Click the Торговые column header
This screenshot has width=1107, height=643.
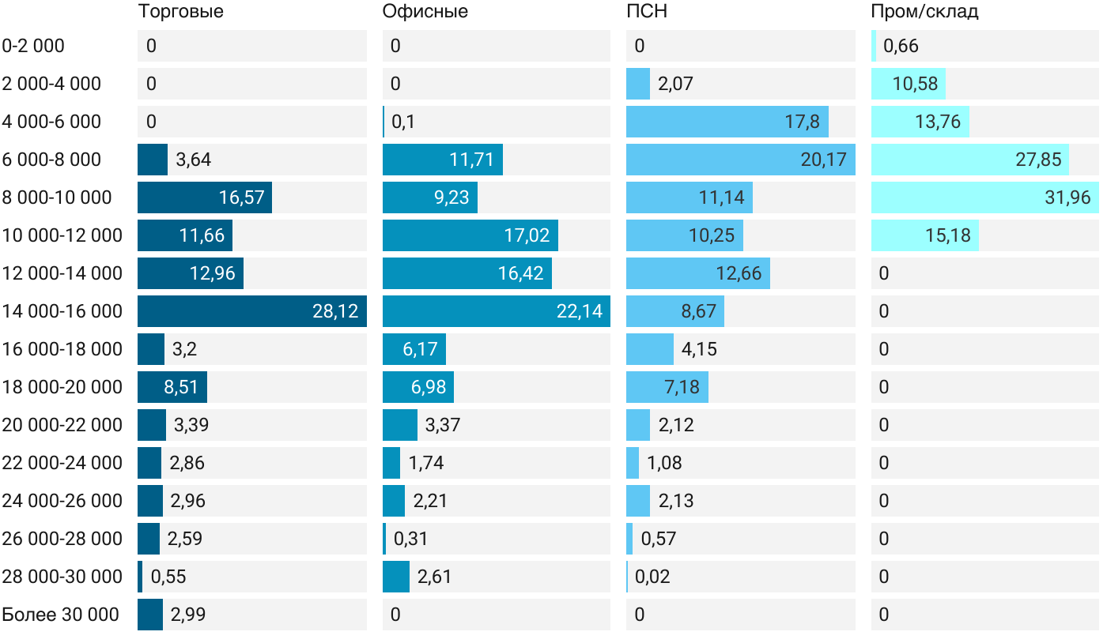(x=180, y=12)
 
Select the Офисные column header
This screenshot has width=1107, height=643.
(x=425, y=12)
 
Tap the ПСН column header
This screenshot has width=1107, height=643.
(x=641, y=12)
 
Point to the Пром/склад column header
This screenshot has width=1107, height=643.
(x=924, y=12)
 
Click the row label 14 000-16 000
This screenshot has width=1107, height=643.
(x=62, y=311)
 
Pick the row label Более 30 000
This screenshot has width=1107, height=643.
(x=60, y=615)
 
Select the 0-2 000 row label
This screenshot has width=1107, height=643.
(x=33, y=46)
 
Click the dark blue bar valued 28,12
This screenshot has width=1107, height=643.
(x=251, y=311)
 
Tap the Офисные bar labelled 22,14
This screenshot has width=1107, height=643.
(x=496, y=311)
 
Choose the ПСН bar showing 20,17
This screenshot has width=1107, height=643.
(x=740, y=160)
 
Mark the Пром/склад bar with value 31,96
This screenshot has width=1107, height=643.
(x=985, y=197)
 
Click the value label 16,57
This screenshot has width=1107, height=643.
(x=242, y=197)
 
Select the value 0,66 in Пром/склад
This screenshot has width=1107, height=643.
(x=901, y=46)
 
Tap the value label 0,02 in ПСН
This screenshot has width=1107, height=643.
(x=652, y=577)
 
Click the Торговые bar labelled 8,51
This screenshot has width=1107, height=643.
(x=172, y=387)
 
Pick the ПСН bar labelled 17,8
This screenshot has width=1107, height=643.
(x=727, y=122)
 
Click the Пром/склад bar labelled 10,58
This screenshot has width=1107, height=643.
(x=909, y=84)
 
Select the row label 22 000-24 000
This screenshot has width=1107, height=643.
(x=62, y=463)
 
